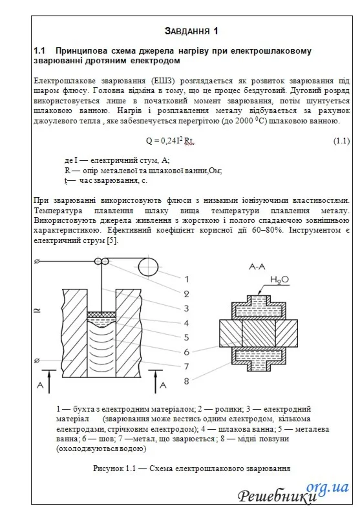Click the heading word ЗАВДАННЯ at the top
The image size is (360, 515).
coord(186,30)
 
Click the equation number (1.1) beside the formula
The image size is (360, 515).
coord(341,141)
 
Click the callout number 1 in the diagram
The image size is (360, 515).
coord(186,279)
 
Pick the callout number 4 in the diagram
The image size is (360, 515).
coord(186,322)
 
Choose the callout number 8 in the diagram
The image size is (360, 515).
coord(186,381)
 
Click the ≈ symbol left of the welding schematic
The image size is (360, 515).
coord(36,311)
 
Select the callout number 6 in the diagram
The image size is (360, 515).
coord(186,352)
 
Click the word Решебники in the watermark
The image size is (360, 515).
coord(278,496)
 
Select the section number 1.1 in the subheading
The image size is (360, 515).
coord(40,50)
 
